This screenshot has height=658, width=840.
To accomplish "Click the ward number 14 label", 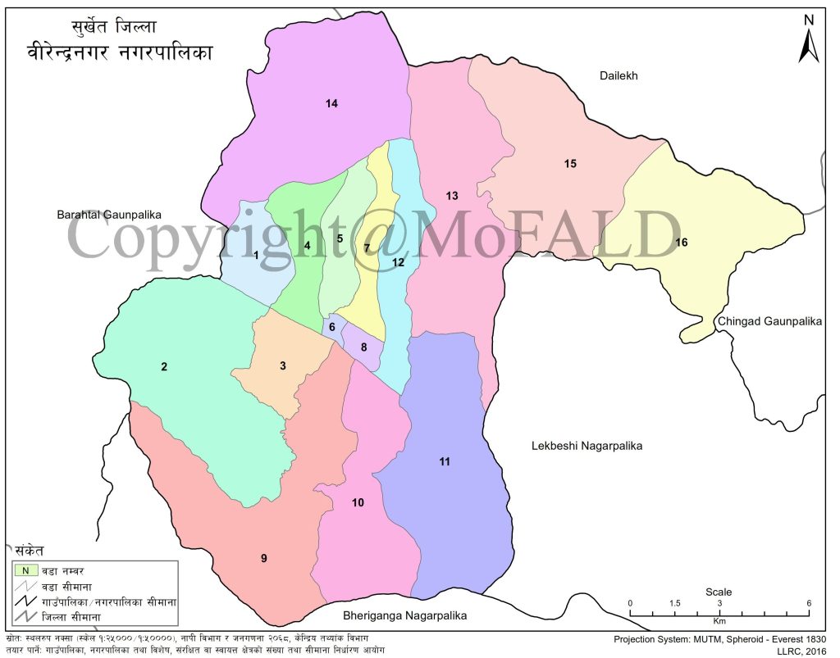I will coord(331,103).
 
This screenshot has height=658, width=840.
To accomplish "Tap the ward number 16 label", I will coord(681,243).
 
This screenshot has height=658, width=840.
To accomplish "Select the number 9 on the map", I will coord(264,558).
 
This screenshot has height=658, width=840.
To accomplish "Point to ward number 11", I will coord(445,462).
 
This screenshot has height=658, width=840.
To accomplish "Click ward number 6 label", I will coord(332,328).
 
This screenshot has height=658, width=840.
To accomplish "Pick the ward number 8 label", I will coord(363,347).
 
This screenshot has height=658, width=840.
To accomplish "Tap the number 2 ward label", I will coord(164,366).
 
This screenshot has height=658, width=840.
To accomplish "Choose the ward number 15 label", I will coord(570,164).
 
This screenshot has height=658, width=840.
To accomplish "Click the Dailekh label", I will coord(619,75).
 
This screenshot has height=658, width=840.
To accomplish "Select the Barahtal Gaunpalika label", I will coord(109,215).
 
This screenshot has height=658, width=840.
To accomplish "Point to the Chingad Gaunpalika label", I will coord(769,322).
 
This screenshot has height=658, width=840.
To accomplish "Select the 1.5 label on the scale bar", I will coord(674,603).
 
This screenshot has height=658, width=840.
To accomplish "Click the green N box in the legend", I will coord(25,570).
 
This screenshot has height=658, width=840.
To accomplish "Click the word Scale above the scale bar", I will coord(719,592).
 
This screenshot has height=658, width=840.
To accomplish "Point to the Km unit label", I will coord(719,622).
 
